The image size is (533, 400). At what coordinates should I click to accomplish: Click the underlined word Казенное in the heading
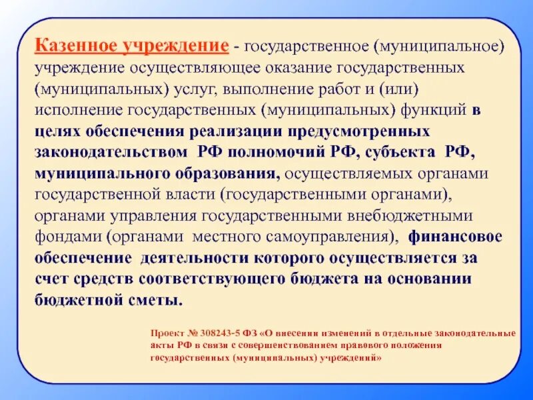(x=74, y=47)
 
